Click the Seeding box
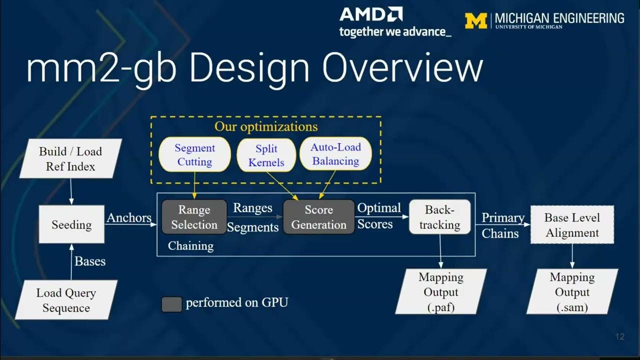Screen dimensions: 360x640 [x=71, y=225]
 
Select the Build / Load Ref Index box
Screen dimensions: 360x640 [x=70, y=159]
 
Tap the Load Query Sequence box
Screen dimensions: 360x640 [x=66, y=300]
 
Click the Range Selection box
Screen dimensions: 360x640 [x=194, y=217]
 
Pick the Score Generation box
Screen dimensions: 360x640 [x=318, y=217]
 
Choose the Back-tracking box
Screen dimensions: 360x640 [x=439, y=217]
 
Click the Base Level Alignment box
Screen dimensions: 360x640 [x=571, y=225]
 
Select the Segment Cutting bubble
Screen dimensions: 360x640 [x=194, y=155]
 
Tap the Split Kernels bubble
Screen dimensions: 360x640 [x=266, y=155]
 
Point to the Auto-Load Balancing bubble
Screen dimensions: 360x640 [x=335, y=154]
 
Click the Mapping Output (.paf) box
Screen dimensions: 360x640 [x=440, y=292]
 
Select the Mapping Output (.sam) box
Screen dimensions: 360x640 [x=572, y=292]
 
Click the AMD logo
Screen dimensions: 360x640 [x=371, y=14]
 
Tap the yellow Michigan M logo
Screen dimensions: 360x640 [x=475, y=20]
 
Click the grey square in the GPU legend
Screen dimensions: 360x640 [x=171, y=304]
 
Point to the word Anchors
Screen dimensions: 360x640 [x=128, y=218]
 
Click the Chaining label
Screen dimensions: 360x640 [x=190, y=246]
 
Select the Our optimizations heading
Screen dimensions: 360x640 [x=266, y=126]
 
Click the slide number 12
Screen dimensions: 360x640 [x=620, y=337]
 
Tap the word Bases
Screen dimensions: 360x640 [x=90, y=261]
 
